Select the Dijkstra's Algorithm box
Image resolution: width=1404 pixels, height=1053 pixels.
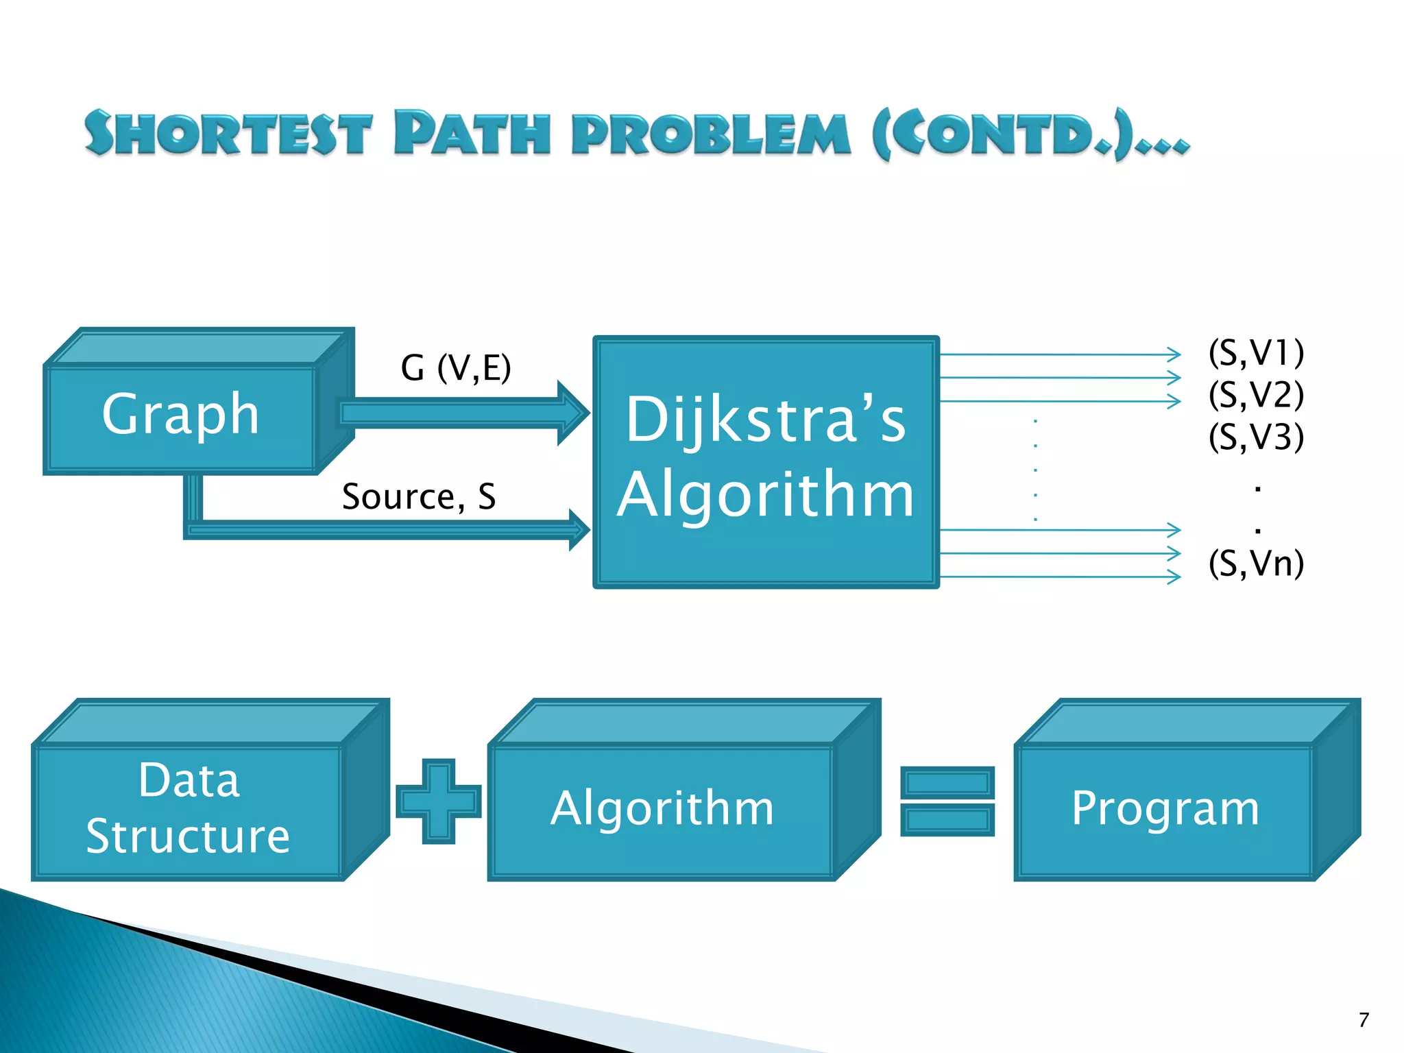coord(766,461)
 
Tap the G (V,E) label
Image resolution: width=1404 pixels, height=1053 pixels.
coord(456,368)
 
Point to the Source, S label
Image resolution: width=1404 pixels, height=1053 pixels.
coord(419,496)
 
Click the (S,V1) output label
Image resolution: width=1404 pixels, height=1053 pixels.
coord(1256,353)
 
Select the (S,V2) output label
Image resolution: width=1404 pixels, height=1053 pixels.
coord(1256,395)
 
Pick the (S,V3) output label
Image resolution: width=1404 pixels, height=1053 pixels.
coord(1256,437)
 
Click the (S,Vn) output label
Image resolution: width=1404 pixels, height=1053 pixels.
coord(1256,564)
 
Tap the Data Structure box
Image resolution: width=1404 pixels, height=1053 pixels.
coord(189,809)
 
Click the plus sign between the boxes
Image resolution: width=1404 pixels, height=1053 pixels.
coord(439,801)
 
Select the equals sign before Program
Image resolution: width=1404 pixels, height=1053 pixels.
coord(947,801)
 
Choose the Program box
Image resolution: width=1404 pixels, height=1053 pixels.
coord(1165,809)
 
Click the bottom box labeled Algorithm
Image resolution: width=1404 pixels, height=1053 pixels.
coord(662,809)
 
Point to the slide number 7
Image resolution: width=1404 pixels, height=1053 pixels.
coord(1364,1020)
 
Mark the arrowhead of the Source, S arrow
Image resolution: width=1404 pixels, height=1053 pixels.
coord(579,529)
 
